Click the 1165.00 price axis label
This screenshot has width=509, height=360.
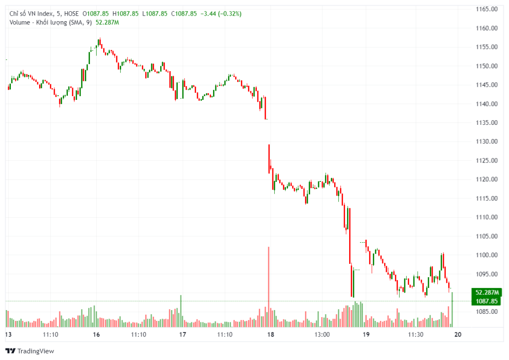(x=486, y=9)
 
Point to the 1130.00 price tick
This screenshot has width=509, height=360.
(x=486, y=141)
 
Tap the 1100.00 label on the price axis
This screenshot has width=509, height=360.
(x=486, y=255)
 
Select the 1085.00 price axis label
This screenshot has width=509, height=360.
(x=486, y=311)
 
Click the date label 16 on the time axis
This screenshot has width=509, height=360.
(x=96, y=335)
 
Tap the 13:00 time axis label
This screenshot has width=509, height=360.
(x=322, y=335)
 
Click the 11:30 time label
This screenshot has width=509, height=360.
(x=415, y=335)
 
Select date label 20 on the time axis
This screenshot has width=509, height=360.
(x=457, y=335)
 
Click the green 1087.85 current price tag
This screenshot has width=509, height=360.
(x=486, y=301)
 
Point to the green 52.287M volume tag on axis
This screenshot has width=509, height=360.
(x=486, y=292)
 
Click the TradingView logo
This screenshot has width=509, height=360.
(x=29, y=351)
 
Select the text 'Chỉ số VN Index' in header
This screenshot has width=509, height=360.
(x=30, y=14)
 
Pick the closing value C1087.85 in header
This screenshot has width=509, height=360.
(x=183, y=14)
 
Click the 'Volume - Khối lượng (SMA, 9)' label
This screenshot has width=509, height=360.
(x=50, y=22)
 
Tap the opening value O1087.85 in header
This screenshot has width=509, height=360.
(x=96, y=14)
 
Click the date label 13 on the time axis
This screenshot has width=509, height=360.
(x=8, y=335)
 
